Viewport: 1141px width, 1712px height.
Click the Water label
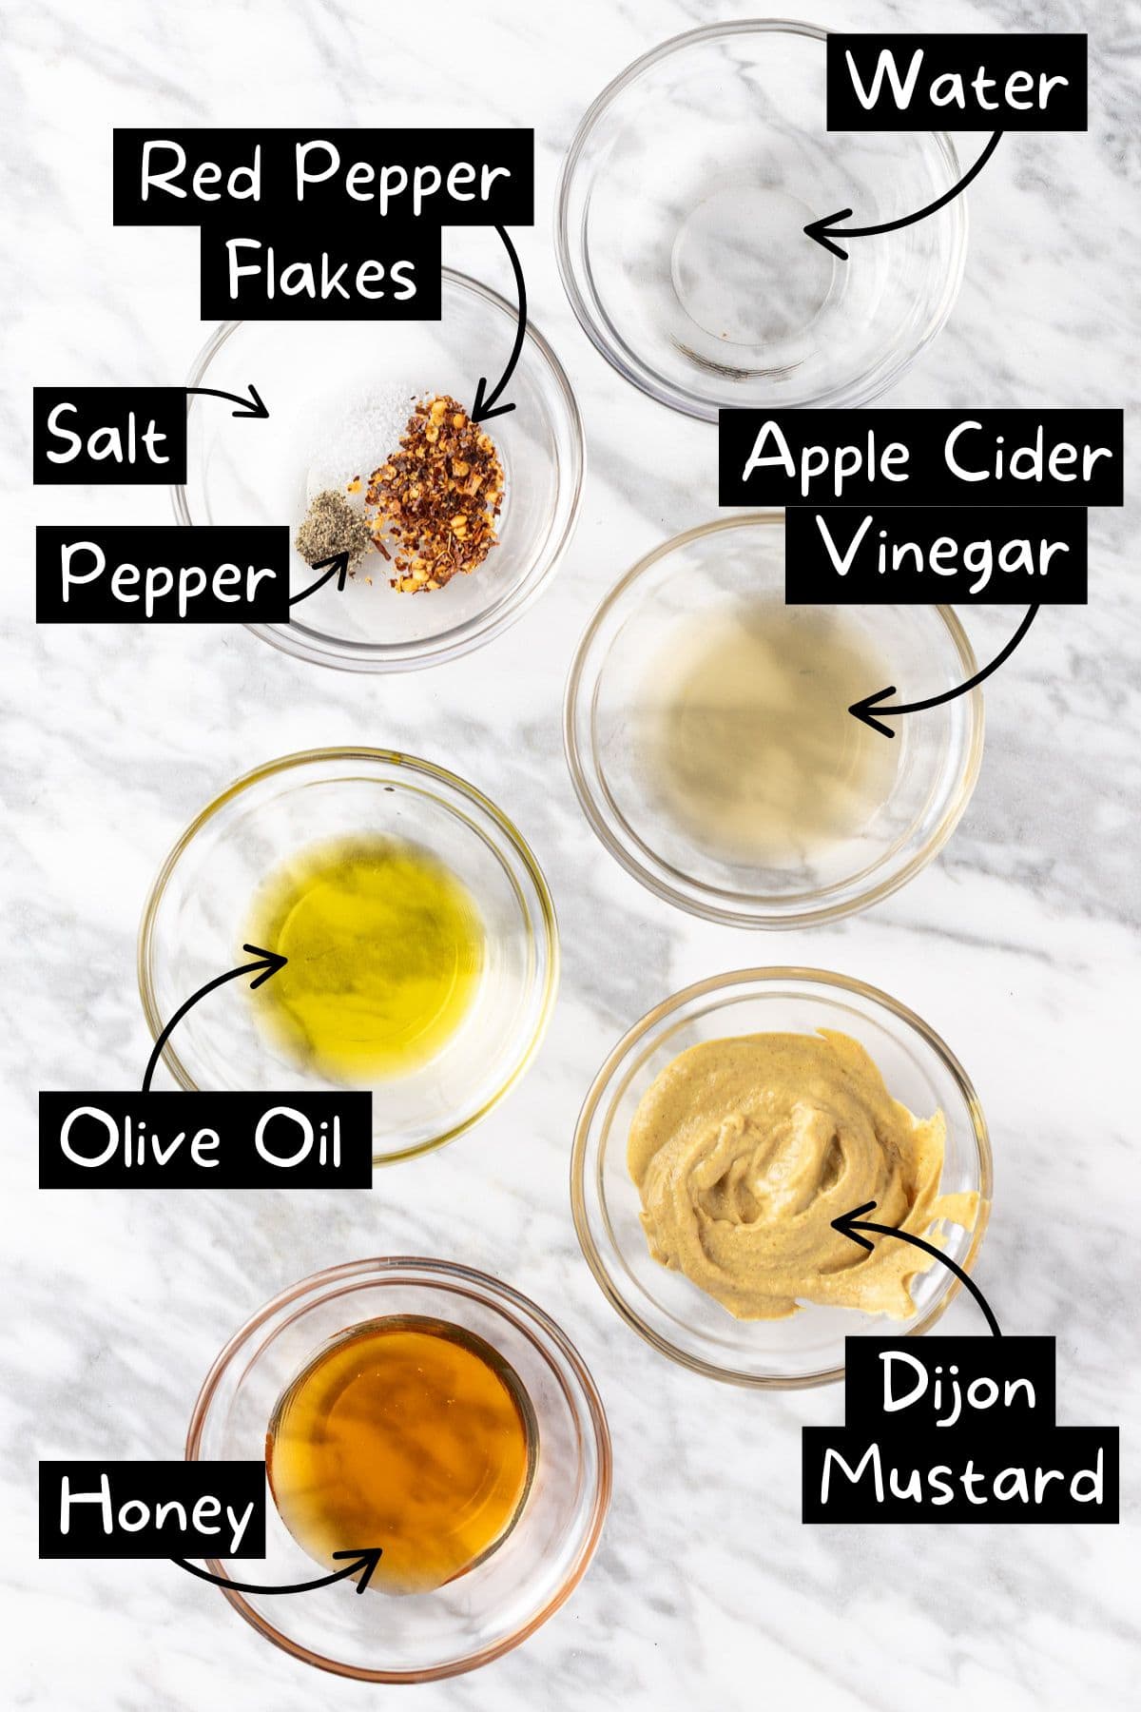click(957, 83)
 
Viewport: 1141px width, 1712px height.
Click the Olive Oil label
click(203, 1138)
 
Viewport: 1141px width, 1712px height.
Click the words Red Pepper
click(323, 177)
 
